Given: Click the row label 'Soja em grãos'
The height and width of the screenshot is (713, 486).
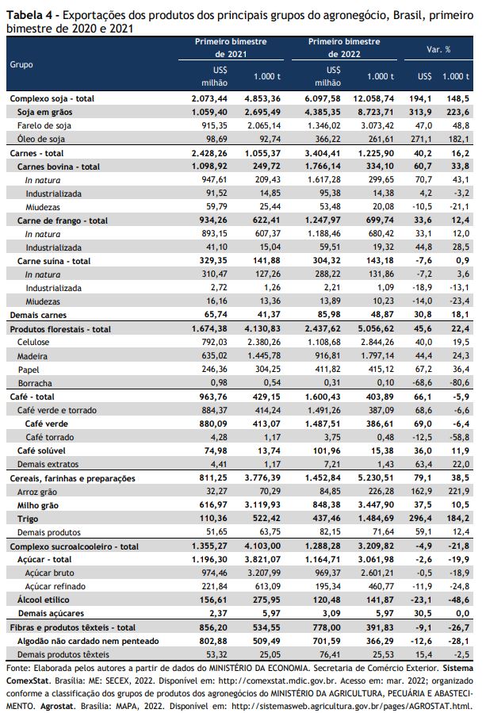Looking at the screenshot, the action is [44, 112].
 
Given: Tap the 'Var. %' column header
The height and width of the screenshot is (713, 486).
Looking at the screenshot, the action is [438, 49].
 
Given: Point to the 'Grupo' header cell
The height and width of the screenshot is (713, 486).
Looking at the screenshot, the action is [21, 64].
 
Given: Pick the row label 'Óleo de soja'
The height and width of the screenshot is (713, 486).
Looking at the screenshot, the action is [41, 139].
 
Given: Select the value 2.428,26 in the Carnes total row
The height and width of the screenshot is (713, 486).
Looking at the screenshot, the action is [209, 153].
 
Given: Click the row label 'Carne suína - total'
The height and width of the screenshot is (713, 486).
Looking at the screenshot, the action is [54, 261].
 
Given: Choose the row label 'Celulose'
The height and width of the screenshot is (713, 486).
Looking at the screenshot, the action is [33, 342].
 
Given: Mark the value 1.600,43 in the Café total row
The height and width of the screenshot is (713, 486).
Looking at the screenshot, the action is [323, 397].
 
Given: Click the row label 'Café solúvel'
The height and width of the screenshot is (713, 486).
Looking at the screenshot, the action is [41, 450].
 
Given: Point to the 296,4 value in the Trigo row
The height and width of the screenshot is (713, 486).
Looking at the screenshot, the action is [420, 518].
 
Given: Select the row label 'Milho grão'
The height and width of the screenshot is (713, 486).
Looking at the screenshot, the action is [38, 505].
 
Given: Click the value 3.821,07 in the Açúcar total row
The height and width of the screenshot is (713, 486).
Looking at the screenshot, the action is [262, 559].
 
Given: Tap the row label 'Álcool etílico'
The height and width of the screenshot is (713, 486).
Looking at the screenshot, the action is [43, 600].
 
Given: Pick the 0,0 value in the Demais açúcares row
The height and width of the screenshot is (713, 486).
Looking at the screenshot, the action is [462, 613].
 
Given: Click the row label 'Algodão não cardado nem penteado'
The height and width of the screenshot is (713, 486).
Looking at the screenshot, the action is [88, 641].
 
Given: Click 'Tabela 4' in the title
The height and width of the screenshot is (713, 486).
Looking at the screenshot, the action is [29, 15].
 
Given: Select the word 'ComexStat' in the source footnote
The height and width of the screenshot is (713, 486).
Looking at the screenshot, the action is [29, 680].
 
